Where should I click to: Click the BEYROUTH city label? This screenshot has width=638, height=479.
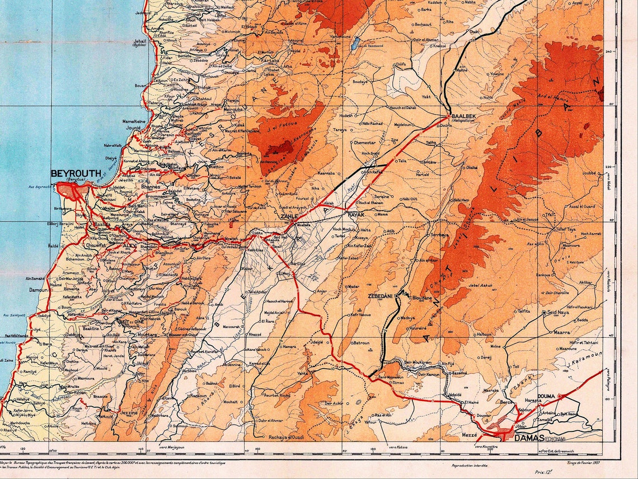click(76, 173)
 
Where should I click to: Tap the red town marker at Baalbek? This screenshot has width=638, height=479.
click(449, 116)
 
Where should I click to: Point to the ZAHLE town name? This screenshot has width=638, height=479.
click(289, 216)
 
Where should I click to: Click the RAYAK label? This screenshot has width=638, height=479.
click(356, 215)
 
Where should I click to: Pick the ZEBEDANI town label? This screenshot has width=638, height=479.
click(381, 295)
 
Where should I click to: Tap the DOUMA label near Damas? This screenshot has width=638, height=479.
click(546, 396)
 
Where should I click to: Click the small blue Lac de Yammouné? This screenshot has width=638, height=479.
click(355, 41)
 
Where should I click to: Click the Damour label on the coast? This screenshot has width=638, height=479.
click(39, 290)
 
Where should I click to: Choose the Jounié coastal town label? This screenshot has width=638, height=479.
click(133, 127)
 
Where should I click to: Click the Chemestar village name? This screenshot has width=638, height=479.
click(364, 142)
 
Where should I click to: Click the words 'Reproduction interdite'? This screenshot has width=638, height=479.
click(469, 465)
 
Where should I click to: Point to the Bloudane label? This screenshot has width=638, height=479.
click(423, 298)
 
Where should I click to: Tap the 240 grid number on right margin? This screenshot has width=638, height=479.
click(609, 51)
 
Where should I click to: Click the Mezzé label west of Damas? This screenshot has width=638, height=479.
click(470, 435)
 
